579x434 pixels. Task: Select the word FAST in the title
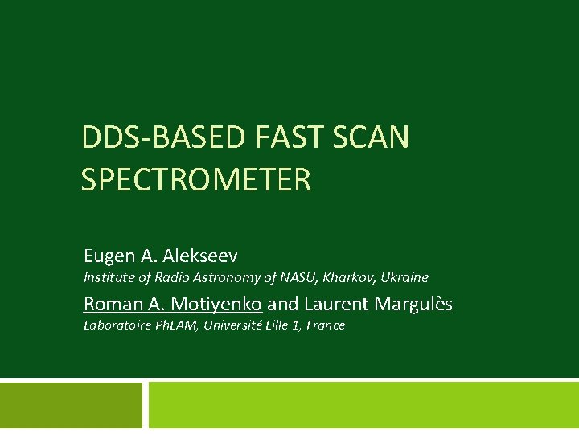[281, 137]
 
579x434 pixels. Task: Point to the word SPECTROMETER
[195, 179]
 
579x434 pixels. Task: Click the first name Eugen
[109, 256]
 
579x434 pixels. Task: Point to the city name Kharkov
[348, 277]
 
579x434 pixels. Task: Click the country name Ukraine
[404, 277]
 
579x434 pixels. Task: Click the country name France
[326, 325]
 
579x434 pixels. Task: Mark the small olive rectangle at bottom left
[71, 405]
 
